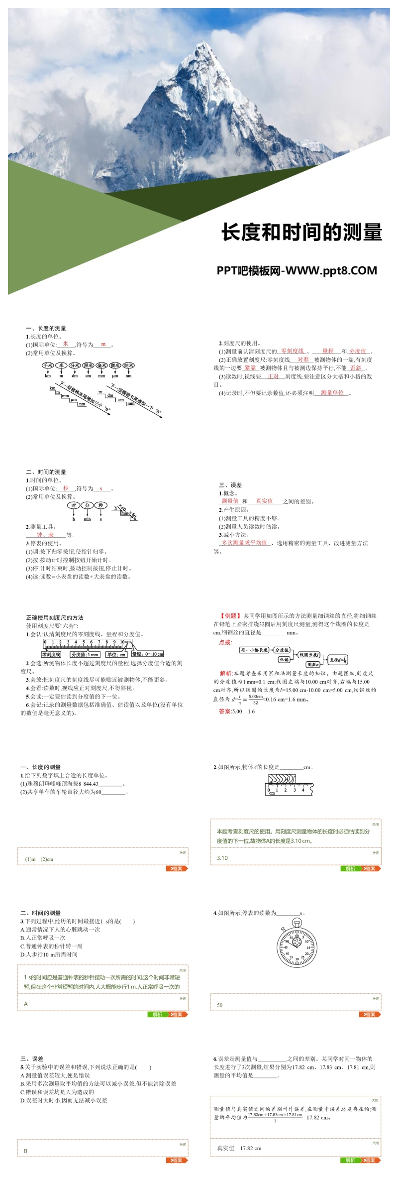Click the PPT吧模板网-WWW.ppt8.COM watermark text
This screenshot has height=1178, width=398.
(297, 271)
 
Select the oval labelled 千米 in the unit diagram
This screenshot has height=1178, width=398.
(48, 365)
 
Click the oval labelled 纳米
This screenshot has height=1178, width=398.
(128, 365)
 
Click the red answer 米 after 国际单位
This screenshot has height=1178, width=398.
(66, 344)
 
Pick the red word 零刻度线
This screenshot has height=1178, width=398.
(292, 351)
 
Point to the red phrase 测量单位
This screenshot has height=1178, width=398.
(332, 393)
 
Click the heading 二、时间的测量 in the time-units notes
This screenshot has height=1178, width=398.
(46, 472)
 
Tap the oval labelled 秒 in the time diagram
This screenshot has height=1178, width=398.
(101, 505)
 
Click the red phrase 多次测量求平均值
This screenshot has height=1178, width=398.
(244, 543)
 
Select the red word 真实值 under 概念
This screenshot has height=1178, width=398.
(264, 501)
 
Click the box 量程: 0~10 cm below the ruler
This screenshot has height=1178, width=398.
(147, 654)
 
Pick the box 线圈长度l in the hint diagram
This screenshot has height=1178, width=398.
(309, 654)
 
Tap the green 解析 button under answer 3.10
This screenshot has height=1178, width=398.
(350, 869)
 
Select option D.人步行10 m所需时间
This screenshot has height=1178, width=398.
(49, 954)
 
